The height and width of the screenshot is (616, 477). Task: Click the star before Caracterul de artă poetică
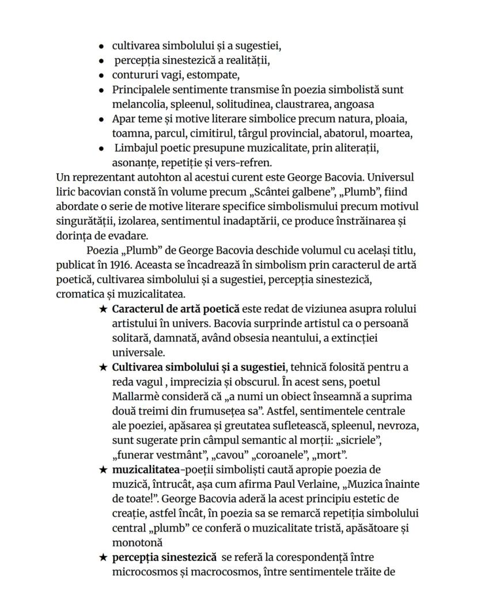[103, 310]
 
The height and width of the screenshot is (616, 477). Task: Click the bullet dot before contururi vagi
[101, 75]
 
